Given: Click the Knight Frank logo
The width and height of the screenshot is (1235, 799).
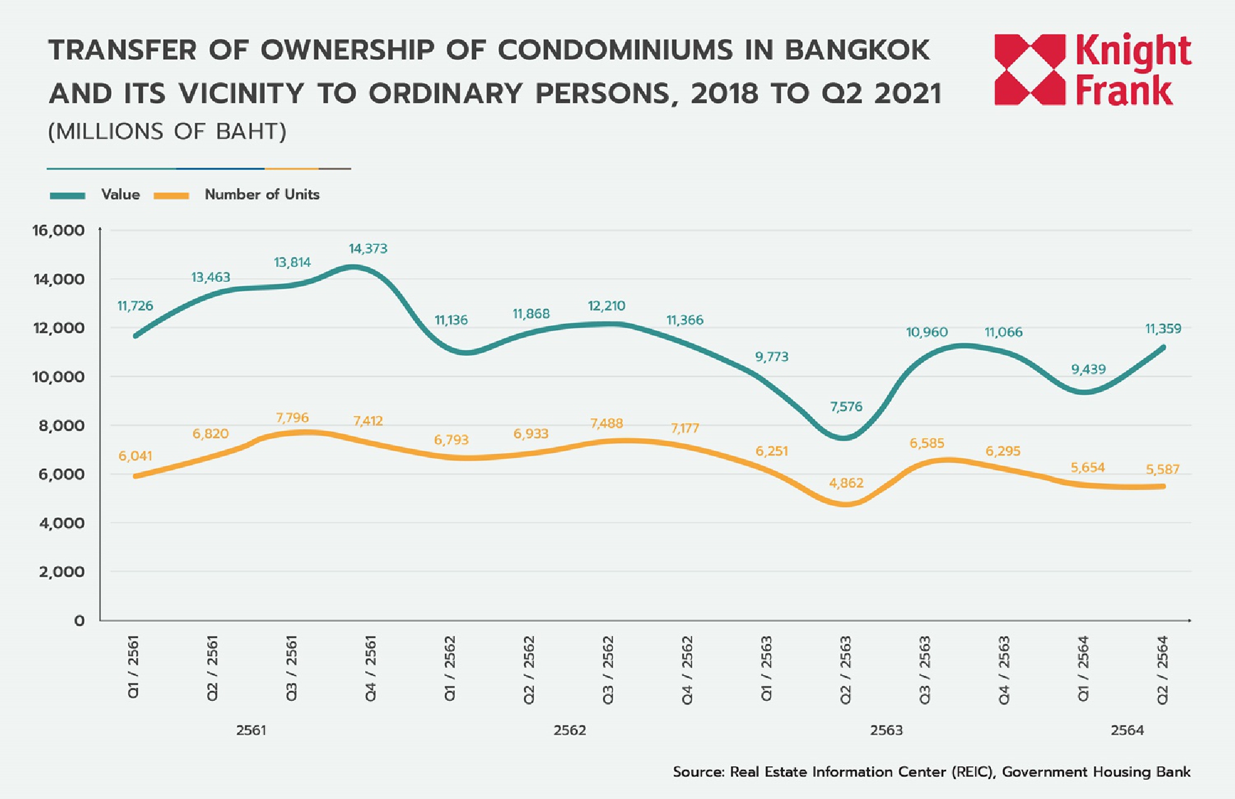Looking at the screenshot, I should coord(1092,69).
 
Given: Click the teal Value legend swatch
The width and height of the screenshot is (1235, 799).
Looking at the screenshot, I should coord(68,196).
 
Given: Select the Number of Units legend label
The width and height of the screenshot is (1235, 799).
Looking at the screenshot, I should coord(262,194).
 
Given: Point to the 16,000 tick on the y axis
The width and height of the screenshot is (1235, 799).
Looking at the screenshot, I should coord(58,231).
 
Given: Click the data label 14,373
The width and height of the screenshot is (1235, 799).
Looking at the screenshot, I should coord(368,249).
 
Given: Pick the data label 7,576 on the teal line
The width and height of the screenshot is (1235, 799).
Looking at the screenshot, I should coord(846,407).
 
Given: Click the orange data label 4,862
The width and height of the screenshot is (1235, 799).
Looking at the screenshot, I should coord(846,483).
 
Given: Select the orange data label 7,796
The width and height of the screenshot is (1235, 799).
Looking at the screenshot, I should coord(292,418).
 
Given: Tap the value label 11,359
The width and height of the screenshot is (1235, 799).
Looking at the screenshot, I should coord(1163,329).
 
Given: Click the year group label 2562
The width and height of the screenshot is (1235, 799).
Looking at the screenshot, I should coord(569,731).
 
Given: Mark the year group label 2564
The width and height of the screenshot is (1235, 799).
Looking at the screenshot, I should coord(1127,731).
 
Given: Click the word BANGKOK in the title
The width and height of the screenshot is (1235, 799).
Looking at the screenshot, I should coord(857,50).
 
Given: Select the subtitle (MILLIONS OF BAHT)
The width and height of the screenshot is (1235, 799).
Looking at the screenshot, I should coord(167,131).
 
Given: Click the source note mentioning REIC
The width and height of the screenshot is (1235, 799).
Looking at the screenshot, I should coord(931,772).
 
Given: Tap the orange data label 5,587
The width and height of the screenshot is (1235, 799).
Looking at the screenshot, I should coord(1163,470).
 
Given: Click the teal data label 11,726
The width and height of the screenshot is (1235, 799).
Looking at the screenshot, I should coord(135,306).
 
